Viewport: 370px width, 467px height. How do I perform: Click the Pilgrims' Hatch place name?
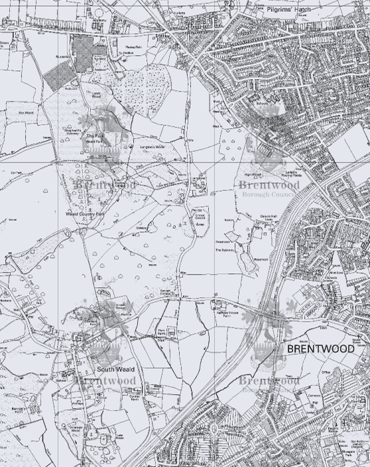pyautogui.click(x=288, y=10)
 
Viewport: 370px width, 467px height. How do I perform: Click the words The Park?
pyautogui.click(x=93, y=135)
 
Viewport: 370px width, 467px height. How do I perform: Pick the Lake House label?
pyautogui.click(x=119, y=436)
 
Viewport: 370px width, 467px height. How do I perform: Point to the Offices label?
pyautogui.click(x=326, y=372)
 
